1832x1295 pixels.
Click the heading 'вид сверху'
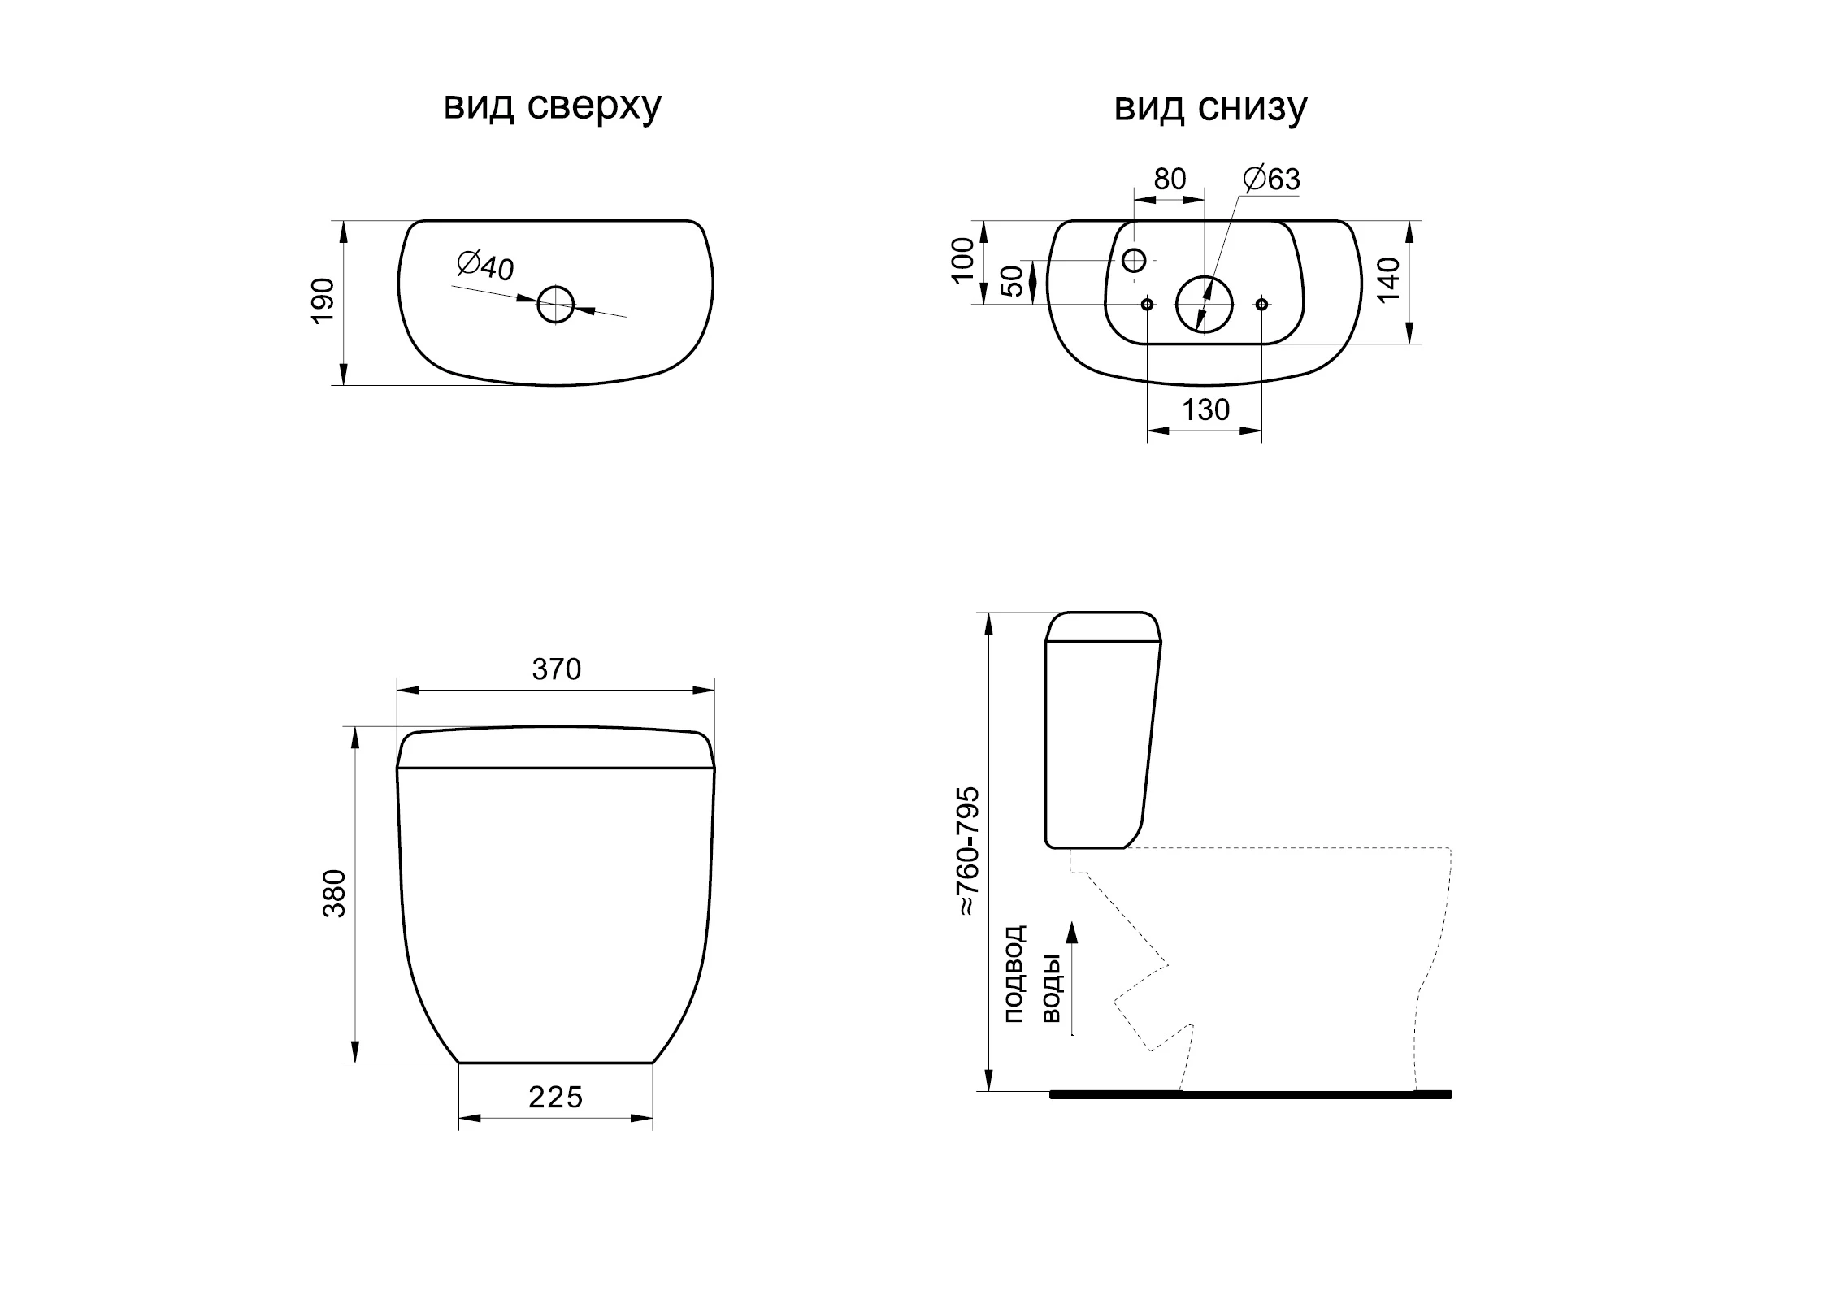coord(553,107)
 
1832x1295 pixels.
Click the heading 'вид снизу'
coord(1210,107)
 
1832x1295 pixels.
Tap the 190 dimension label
coord(323,301)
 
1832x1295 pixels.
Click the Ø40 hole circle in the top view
coord(556,305)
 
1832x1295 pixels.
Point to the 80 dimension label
coord(1170,179)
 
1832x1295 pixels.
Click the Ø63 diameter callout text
coord(1273,179)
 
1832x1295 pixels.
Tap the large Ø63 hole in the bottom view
coord(1205,304)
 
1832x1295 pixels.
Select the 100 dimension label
coord(963,260)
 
